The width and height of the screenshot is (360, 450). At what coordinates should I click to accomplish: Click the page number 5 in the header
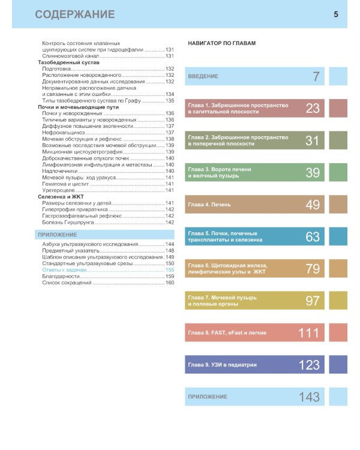336,14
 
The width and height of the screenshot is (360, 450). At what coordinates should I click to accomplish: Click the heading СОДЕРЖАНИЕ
75,14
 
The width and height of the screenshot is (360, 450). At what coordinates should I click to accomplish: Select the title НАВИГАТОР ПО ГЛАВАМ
221,44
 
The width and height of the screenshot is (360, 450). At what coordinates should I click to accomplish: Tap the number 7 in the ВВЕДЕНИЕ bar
316,76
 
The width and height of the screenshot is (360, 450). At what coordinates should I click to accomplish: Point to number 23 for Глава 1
313,108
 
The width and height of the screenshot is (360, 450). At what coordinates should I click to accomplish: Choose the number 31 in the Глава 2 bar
313,140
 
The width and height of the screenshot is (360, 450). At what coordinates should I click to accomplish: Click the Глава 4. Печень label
209,205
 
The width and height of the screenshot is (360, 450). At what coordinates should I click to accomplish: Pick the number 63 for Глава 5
313,237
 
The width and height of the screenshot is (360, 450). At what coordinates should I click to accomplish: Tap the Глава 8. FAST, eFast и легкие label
227,333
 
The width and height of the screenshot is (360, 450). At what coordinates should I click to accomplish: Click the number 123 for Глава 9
310,365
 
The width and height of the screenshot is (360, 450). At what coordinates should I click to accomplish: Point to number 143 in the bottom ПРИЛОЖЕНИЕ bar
310,397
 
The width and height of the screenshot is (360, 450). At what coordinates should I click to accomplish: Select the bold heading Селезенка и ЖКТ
62,197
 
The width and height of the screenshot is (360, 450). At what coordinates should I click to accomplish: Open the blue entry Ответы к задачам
65,270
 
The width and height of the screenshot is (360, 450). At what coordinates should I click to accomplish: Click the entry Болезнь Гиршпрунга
68,222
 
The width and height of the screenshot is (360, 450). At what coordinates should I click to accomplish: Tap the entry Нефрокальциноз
64,133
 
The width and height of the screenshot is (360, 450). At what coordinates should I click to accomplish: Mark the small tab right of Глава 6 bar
338,269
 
